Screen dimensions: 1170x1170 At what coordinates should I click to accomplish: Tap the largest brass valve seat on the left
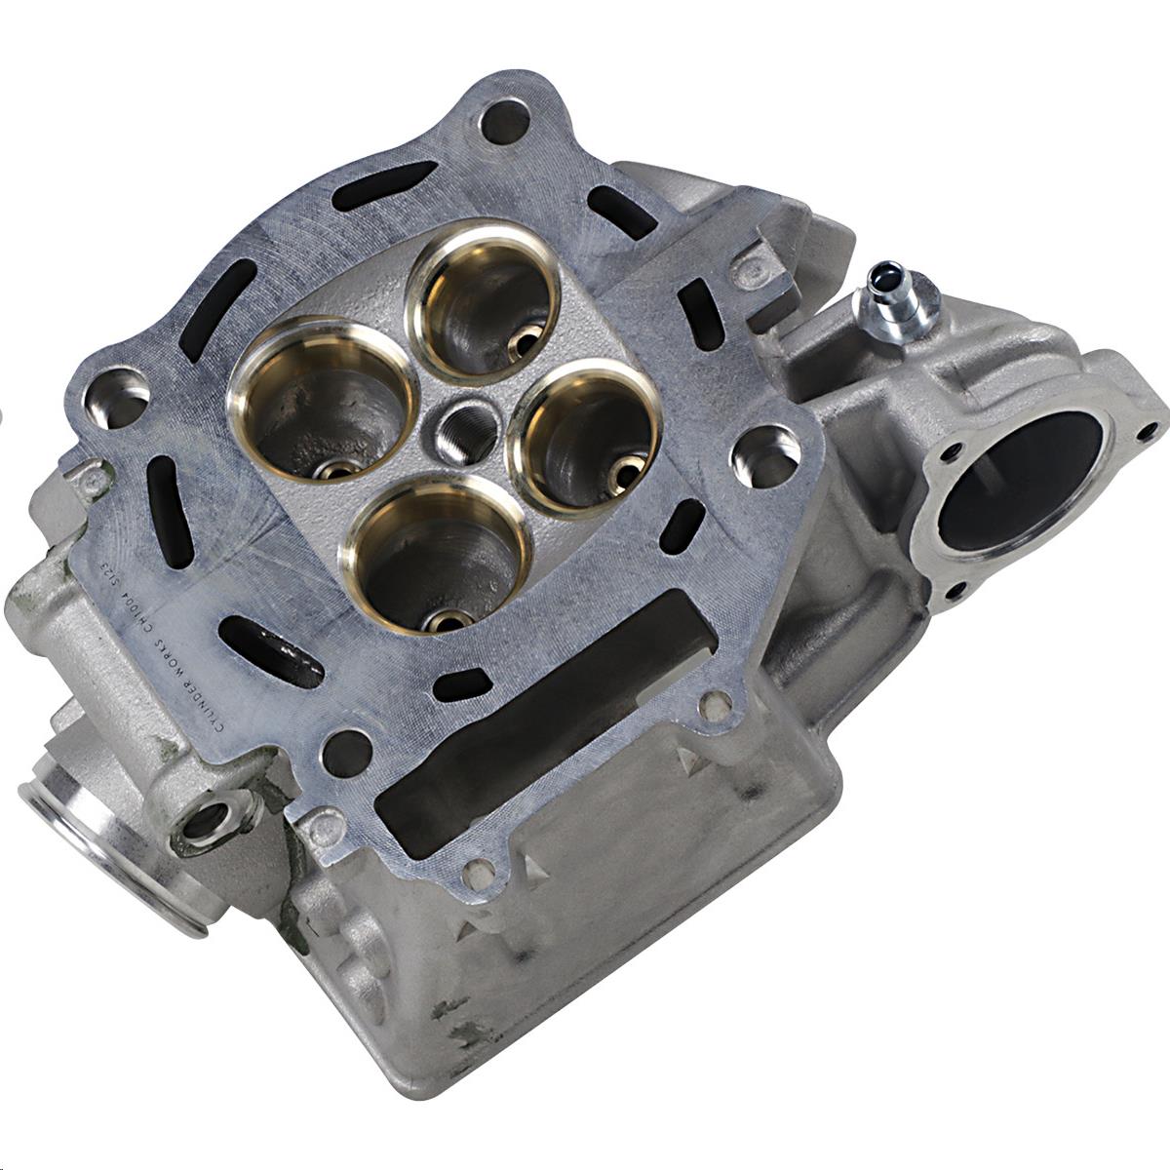[x=309, y=409]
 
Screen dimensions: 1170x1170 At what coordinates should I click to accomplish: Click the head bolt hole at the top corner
[x=506, y=122]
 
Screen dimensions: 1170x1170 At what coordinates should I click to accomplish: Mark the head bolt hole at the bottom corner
[x=345, y=748]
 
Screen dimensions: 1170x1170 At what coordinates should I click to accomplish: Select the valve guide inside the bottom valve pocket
[x=450, y=618]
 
